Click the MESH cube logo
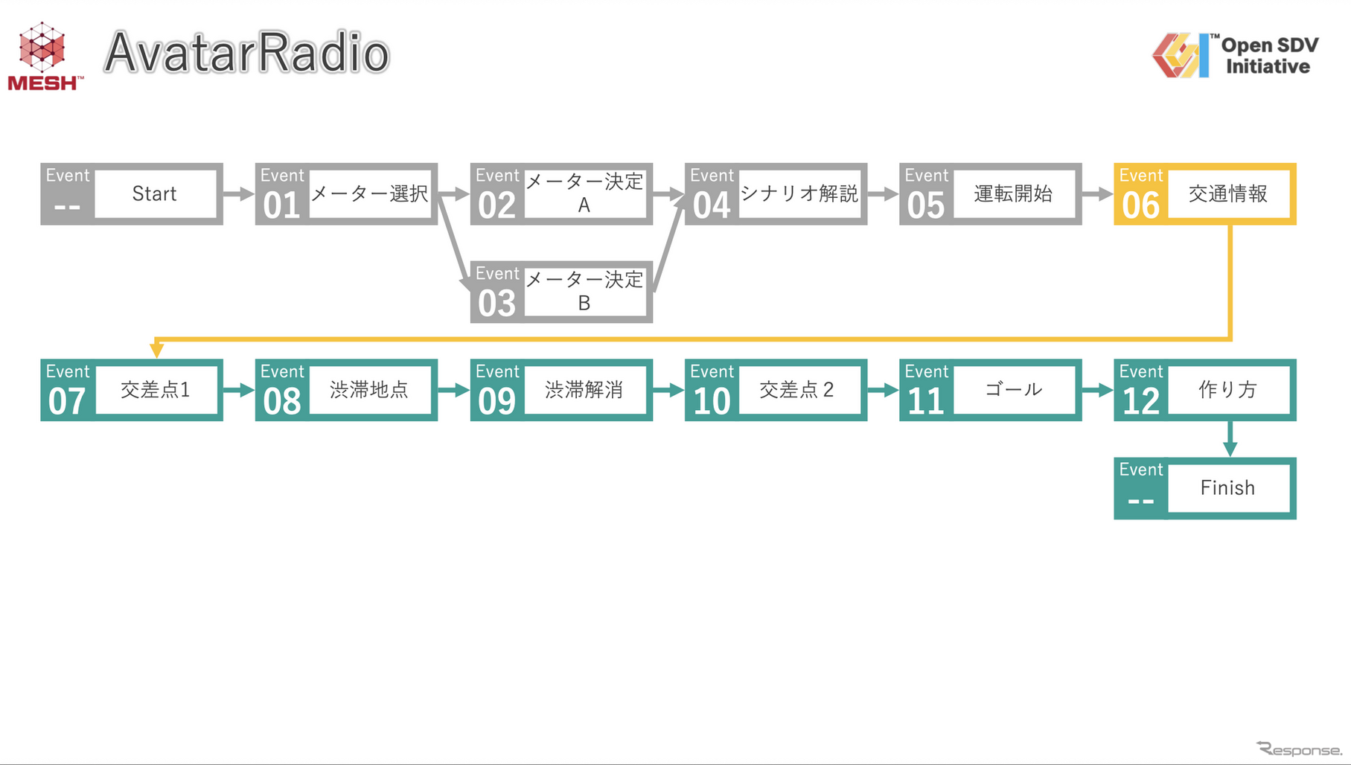[x=42, y=49]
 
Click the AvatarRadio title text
[x=246, y=53]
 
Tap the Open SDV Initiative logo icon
[x=1180, y=54]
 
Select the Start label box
[x=155, y=194]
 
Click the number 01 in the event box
[x=281, y=205]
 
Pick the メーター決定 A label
[x=584, y=193]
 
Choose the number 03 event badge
[x=496, y=303]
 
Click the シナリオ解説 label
[x=799, y=194]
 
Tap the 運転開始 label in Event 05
[x=1014, y=194]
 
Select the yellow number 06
[x=1140, y=205]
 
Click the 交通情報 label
[x=1228, y=194]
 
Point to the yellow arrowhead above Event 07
[x=156, y=349]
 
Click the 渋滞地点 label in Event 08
[x=370, y=390]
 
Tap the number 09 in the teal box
[x=496, y=401]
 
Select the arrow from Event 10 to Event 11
[x=883, y=390]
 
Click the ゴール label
[x=1014, y=390]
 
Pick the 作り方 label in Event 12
[x=1228, y=390]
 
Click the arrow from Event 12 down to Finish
[x=1230, y=440]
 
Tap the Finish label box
[x=1228, y=488]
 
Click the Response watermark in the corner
[x=1299, y=749]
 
